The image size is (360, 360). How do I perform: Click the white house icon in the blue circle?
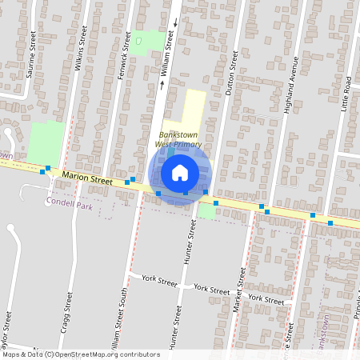[180, 171]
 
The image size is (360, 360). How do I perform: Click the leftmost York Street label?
[158, 281]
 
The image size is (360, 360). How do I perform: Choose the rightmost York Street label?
[266, 298]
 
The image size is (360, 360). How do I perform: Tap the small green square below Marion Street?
[207, 210]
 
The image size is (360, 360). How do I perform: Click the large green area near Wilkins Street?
[45, 141]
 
